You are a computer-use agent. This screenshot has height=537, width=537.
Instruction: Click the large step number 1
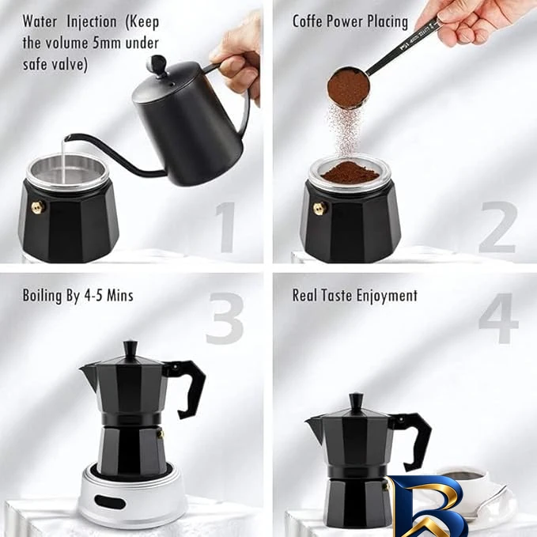[x=225, y=228]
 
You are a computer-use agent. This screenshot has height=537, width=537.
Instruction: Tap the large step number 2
[x=498, y=228]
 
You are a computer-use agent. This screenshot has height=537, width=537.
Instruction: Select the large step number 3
[x=225, y=318]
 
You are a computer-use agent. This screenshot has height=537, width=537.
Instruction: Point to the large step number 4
[x=498, y=318]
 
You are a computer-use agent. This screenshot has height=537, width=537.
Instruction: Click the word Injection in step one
[x=92, y=22]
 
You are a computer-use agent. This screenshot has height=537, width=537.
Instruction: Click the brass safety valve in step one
[x=39, y=207]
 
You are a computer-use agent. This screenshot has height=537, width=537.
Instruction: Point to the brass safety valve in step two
[x=320, y=208]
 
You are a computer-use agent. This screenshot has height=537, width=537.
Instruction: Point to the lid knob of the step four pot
[x=357, y=403]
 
